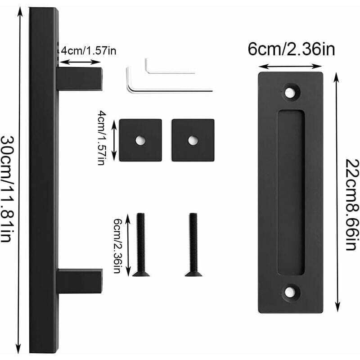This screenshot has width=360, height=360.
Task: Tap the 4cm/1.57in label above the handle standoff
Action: (89, 50)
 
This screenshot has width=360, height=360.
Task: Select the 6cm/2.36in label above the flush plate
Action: (291, 49)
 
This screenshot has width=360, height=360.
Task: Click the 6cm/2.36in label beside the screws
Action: (117, 246)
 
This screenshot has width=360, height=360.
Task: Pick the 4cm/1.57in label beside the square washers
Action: (102, 138)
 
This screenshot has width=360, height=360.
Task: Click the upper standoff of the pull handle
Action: (80, 79)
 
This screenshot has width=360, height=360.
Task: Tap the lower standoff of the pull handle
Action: (80, 281)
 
